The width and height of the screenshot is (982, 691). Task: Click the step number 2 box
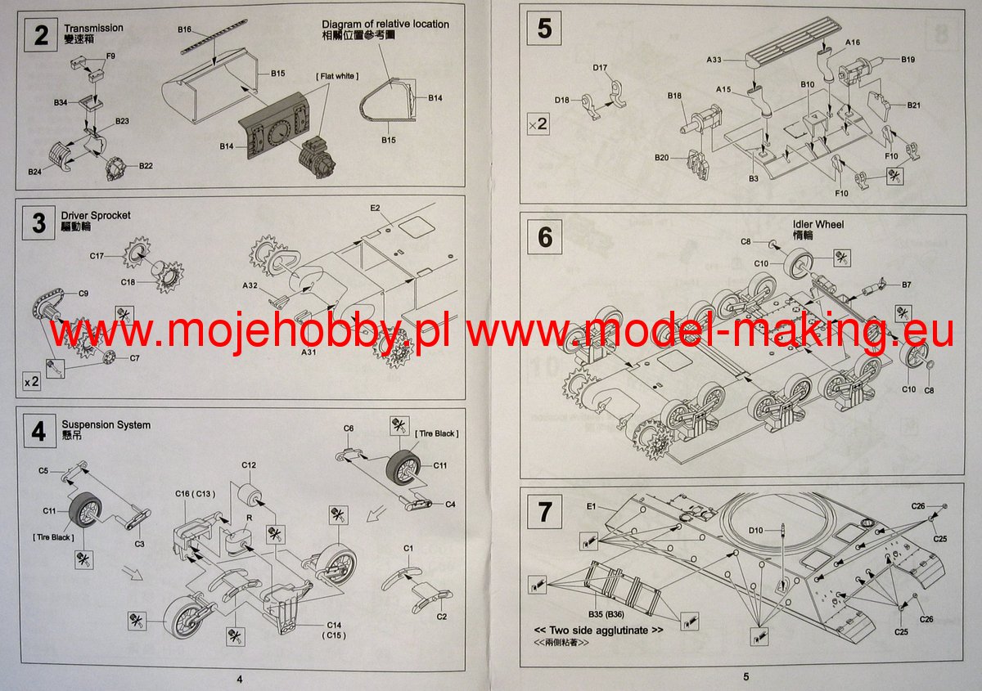click(40, 35)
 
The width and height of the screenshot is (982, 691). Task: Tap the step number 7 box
click(544, 512)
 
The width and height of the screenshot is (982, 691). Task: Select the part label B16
click(184, 29)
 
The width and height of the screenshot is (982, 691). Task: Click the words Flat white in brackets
click(337, 76)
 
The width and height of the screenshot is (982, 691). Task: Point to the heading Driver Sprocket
click(96, 216)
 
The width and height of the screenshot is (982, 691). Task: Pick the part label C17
click(97, 256)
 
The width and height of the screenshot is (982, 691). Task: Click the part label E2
click(375, 208)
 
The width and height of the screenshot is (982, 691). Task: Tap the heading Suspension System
click(106, 425)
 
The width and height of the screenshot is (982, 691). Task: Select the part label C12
click(249, 465)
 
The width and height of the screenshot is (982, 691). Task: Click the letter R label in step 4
click(249, 518)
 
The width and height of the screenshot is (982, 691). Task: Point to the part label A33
click(714, 60)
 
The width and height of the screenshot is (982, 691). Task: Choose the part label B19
click(908, 59)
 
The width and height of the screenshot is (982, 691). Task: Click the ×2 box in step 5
click(538, 124)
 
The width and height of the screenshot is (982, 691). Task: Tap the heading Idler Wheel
click(818, 224)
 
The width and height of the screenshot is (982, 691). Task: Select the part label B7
click(907, 285)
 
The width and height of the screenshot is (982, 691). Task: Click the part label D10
click(756, 530)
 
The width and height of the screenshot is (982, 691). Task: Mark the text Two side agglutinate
click(598, 630)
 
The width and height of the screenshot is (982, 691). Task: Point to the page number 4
click(239, 680)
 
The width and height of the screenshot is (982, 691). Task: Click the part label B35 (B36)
click(606, 614)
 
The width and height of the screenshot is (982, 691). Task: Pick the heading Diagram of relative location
click(385, 24)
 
